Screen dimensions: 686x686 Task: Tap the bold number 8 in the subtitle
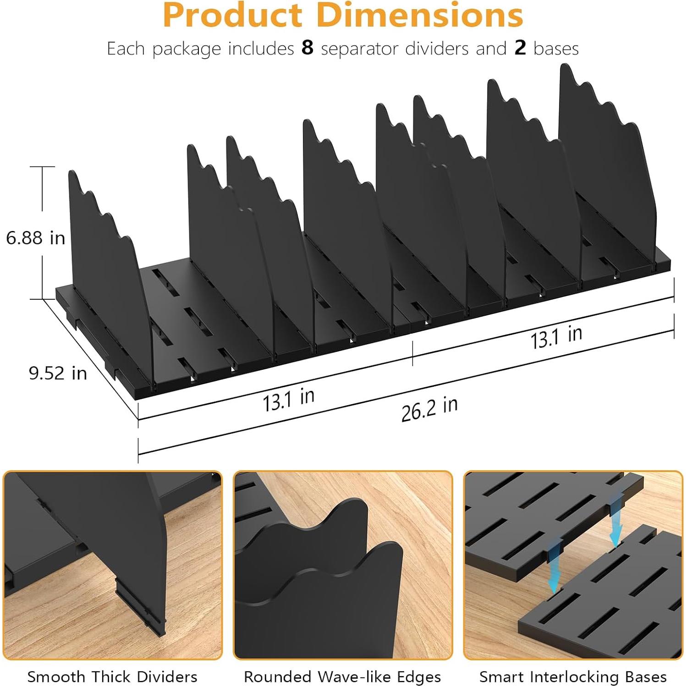click(x=307, y=48)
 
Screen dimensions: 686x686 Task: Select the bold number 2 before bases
click(x=520, y=48)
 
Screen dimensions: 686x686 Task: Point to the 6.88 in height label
click(x=35, y=238)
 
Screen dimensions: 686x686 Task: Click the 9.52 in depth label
click(x=58, y=373)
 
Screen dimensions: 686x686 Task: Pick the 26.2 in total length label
click(x=429, y=409)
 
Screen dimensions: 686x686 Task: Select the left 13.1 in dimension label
click(x=288, y=400)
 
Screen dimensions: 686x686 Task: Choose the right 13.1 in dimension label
click(x=556, y=337)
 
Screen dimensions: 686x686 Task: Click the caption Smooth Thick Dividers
click(x=112, y=676)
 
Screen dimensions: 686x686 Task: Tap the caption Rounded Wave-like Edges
click(x=342, y=676)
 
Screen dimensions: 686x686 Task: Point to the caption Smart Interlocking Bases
click(x=573, y=676)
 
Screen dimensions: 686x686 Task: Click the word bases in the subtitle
click(x=556, y=48)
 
